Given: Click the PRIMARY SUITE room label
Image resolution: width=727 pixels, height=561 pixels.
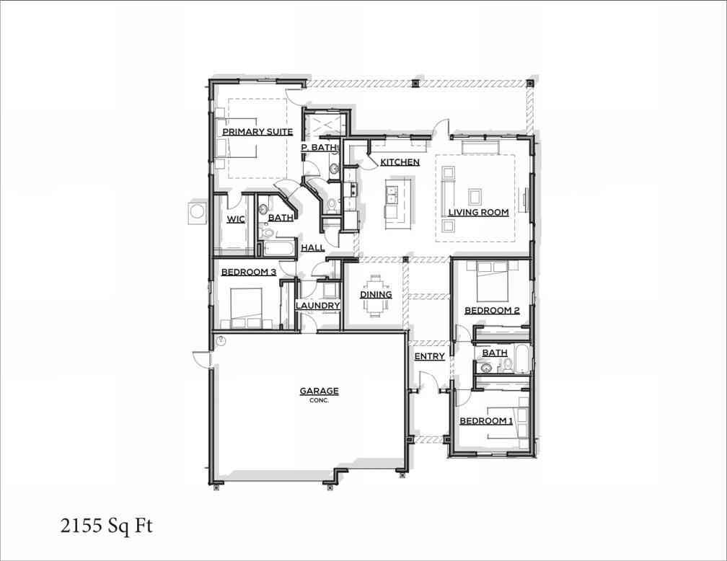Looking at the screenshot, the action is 257,132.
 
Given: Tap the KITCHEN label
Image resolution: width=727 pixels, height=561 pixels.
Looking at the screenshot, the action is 400,162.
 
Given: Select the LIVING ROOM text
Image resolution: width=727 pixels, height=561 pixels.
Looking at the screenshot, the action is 478,212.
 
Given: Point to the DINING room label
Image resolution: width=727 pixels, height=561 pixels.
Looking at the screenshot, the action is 376,294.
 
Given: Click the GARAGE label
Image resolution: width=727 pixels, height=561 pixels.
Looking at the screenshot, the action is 319,391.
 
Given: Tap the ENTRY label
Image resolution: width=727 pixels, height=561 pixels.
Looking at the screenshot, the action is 429,356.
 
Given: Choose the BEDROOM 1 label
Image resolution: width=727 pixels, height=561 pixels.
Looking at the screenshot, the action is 486,420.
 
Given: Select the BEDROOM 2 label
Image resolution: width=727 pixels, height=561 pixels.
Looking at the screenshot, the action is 492,310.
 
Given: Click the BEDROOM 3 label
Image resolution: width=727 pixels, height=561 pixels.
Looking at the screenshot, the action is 249,272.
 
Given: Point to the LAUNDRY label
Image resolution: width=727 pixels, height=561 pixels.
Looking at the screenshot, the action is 317,306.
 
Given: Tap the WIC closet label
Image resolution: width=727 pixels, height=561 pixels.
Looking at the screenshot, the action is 236,218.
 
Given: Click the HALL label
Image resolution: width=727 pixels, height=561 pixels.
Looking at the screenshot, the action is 312,247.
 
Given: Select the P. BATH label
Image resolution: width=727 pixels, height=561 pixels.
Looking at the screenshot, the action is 319,147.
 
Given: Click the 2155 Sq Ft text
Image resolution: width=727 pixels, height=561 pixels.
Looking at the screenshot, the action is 106,526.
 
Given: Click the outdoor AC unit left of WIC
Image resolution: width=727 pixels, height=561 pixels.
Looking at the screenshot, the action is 198,213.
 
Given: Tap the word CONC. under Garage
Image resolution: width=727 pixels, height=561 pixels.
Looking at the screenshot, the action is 319,401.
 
